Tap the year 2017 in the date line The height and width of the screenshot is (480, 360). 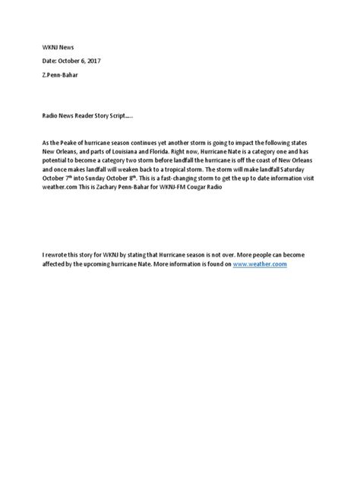click(x=93, y=61)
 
